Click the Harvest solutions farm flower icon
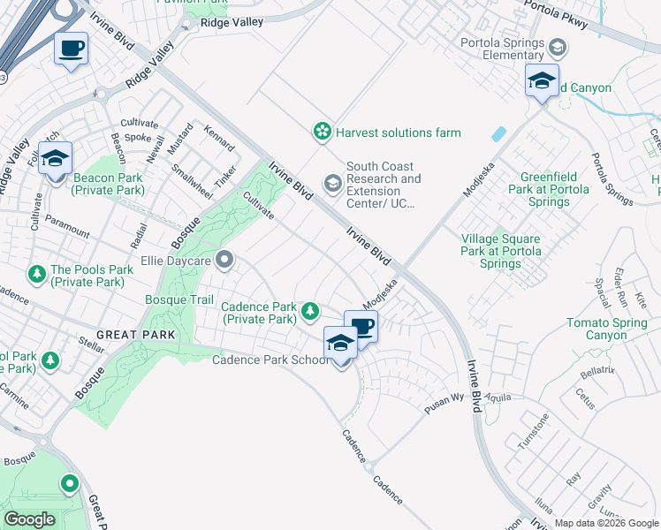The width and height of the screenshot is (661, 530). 323,132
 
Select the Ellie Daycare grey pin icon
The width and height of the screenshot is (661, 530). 224,261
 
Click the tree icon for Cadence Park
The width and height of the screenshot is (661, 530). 310,310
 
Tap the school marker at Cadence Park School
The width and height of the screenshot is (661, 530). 340,344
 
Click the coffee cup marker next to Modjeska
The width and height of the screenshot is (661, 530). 361,328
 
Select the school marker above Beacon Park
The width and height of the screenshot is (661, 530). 55,159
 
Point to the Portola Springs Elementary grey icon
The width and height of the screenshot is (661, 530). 558,46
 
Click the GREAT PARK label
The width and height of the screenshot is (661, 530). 131,335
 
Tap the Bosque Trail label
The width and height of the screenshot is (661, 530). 179,300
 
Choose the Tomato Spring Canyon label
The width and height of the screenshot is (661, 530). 607,329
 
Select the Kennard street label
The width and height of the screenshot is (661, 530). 219,139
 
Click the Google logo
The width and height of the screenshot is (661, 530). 30,519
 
